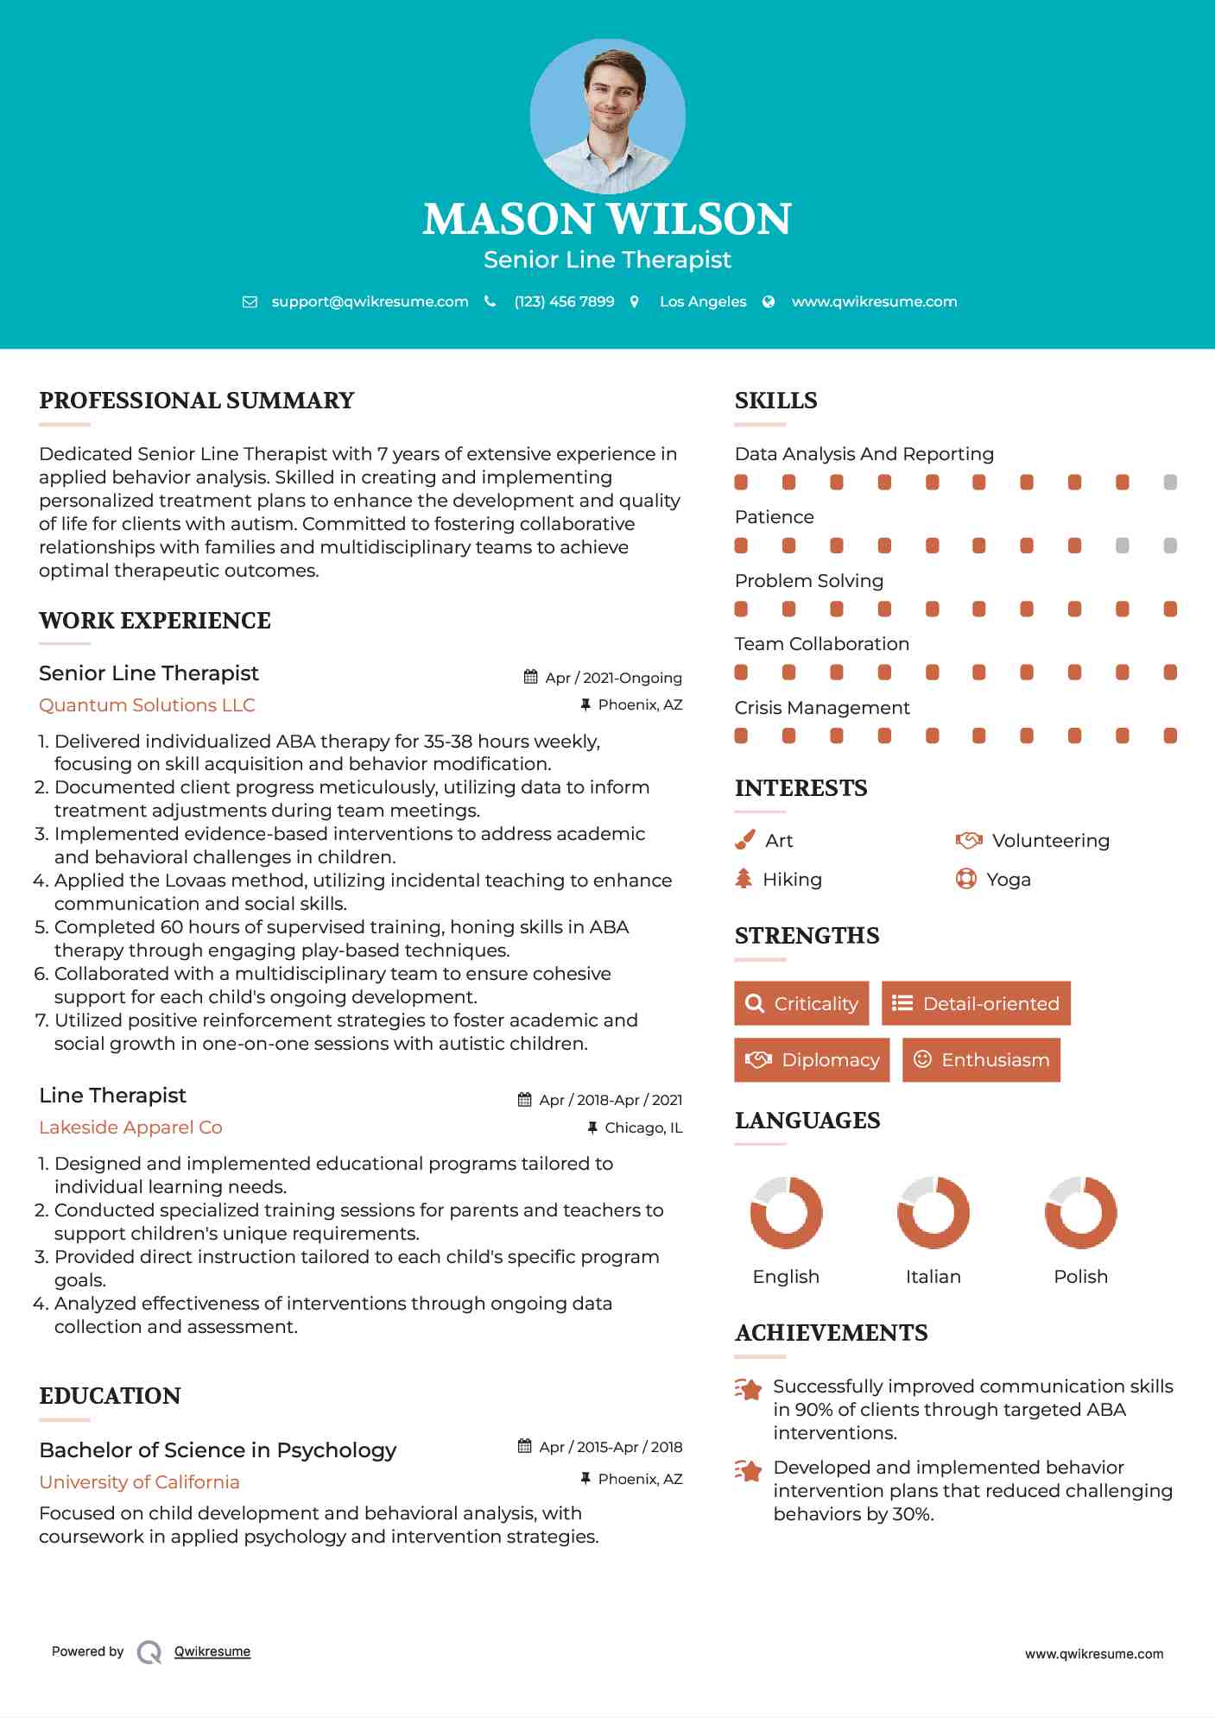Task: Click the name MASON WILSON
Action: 607,219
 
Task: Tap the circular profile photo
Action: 607,116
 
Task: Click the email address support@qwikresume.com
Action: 370,301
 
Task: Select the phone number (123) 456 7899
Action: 564,301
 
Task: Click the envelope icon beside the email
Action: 250,301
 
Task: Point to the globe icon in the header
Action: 769,301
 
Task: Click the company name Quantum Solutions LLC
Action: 147,705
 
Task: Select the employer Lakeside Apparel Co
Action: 130,1127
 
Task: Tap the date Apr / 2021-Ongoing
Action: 613,678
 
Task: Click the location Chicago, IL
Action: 643,1127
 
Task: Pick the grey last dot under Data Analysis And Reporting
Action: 1170,482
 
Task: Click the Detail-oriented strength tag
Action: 976,1003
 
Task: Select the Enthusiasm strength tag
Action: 981,1059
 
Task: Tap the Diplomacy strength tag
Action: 812,1059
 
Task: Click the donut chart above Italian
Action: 933,1212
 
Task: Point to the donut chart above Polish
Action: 1080,1212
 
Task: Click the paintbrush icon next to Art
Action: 744,840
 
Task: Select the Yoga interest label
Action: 1009,880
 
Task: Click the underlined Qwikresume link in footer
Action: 212,1652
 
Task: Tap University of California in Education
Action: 139,1482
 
